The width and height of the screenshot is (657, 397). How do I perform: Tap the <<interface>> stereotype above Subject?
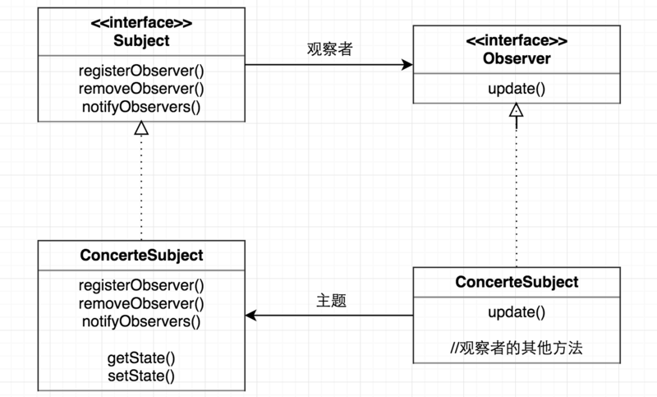pyautogui.click(x=141, y=23)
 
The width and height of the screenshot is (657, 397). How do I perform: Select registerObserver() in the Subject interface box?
pyautogui.click(x=141, y=72)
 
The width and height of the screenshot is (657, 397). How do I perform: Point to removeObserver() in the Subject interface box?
pyautogui.click(x=141, y=89)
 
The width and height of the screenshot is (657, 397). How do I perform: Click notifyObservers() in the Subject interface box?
pyautogui.click(x=141, y=106)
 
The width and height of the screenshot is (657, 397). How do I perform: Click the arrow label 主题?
pyautogui.click(x=331, y=301)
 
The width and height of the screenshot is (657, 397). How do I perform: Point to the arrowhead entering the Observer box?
pyautogui.click(x=407, y=64)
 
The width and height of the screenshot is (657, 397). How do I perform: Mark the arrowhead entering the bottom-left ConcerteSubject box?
pyautogui.click(x=251, y=315)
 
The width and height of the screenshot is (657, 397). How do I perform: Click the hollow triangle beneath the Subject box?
pyautogui.click(x=141, y=127)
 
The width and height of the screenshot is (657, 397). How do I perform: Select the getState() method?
pyautogui.click(x=141, y=358)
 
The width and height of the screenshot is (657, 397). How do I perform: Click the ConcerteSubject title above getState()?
pyautogui.click(x=141, y=255)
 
